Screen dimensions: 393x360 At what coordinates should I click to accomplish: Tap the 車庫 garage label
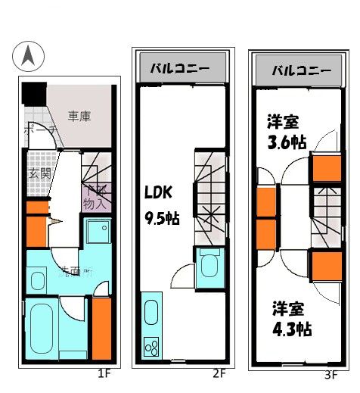point(79,117)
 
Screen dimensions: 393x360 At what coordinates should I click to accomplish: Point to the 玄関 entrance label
point(39,174)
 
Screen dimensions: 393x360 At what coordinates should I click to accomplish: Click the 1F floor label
point(105,373)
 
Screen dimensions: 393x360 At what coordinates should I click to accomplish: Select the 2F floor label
point(219,373)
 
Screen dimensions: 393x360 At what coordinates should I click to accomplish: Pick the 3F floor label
point(331,374)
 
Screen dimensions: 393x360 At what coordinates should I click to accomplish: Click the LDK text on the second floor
point(158,193)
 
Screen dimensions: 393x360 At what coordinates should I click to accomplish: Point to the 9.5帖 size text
point(162,218)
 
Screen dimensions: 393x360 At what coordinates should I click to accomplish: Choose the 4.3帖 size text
point(292,329)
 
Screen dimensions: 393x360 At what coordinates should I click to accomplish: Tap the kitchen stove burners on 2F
point(151,348)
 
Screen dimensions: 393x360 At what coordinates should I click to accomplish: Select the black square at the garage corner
point(33,93)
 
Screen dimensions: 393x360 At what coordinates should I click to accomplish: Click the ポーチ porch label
point(38,131)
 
